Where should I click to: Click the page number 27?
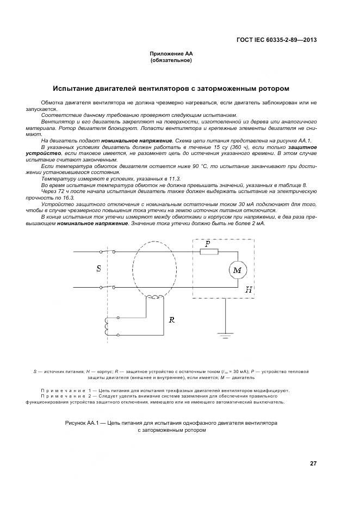(x=313, y=463)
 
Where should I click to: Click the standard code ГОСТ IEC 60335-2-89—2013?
(x=277, y=40)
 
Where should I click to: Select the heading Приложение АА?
(x=171, y=54)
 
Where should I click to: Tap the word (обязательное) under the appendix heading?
(x=171, y=60)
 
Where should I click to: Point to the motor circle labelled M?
(x=237, y=270)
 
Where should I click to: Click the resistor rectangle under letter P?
(x=209, y=251)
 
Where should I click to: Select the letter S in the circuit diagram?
(x=98, y=269)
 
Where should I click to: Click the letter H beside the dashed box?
(x=248, y=290)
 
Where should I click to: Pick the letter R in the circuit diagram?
(x=171, y=320)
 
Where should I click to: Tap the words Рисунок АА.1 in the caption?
(x=82, y=422)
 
